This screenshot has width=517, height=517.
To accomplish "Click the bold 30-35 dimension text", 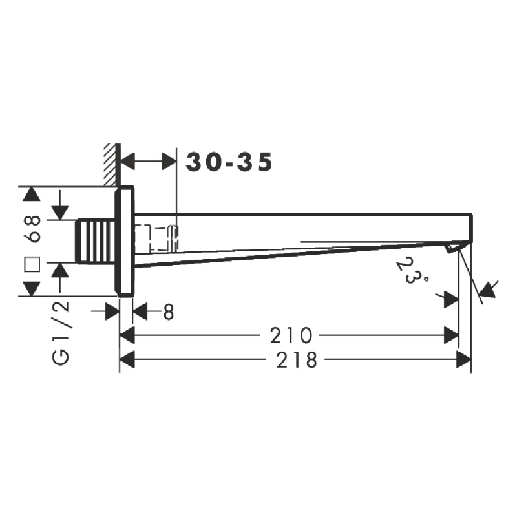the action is click(229, 162).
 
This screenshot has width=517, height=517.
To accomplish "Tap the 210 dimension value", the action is click(290, 335).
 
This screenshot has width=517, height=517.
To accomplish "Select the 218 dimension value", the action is click(297, 359).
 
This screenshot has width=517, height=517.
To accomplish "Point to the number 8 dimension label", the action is click(169, 311).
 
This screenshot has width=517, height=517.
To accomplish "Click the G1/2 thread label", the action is click(61, 333).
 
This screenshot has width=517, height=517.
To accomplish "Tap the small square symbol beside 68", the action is click(32, 264).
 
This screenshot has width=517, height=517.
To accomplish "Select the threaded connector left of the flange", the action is click(96, 242).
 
